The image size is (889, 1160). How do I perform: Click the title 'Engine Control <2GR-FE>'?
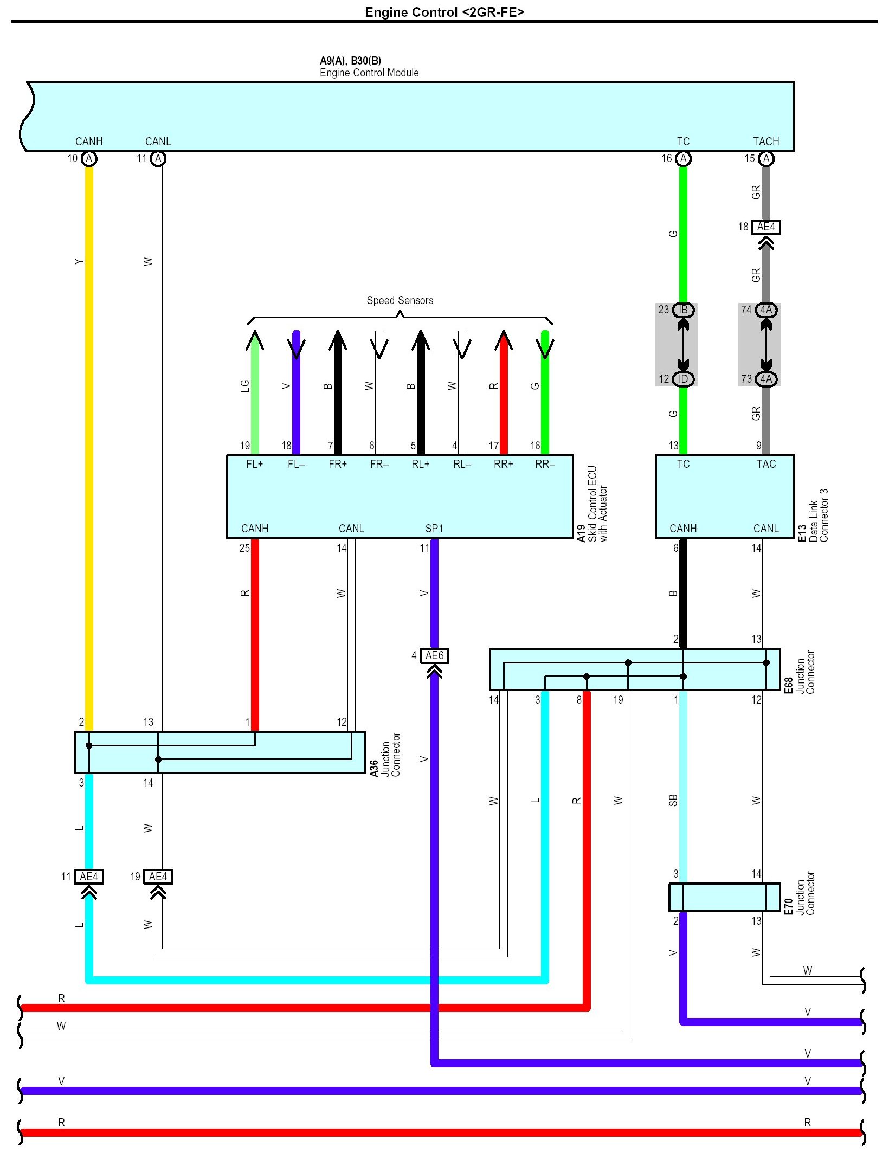pyautogui.click(x=444, y=12)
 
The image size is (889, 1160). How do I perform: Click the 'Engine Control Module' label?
pyautogui.click(x=369, y=73)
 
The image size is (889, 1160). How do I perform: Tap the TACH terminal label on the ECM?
pyautogui.click(x=765, y=141)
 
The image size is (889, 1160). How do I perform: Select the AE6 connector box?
pyautogui.click(x=434, y=656)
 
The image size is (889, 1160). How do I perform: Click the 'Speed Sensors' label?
pyautogui.click(x=400, y=300)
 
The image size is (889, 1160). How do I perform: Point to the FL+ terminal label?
pyautogui.click(x=254, y=464)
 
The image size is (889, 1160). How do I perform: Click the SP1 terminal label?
pyautogui.click(x=434, y=529)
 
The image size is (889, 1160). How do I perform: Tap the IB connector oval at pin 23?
pyautogui.click(x=683, y=310)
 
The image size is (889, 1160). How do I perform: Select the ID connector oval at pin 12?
pyautogui.click(x=683, y=379)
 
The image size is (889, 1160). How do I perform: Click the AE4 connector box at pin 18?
pyautogui.click(x=766, y=227)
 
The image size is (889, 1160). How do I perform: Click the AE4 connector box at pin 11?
pyautogui.click(x=89, y=877)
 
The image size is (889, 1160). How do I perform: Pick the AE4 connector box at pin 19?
pyautogui.click(x=158, y=877)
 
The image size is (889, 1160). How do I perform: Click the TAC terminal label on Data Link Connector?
pyautogui.click(x=766, y=464)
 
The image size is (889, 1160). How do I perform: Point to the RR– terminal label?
pyautogui.click(x=545, y=464)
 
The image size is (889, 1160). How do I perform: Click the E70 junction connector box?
pyautogui.click(x=724, y=897)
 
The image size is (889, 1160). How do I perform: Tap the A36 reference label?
pyautogui.click(x=373, y=768)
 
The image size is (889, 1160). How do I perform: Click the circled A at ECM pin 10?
pyautogui.click(x=89, y=159)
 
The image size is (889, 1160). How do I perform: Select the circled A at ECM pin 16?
pyautogui.click(x=683, y=159)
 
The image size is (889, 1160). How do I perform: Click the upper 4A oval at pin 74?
pyautogui.click(x=766, y=310)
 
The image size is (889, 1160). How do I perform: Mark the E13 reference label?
pyautogui.click(x=802, y=533)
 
